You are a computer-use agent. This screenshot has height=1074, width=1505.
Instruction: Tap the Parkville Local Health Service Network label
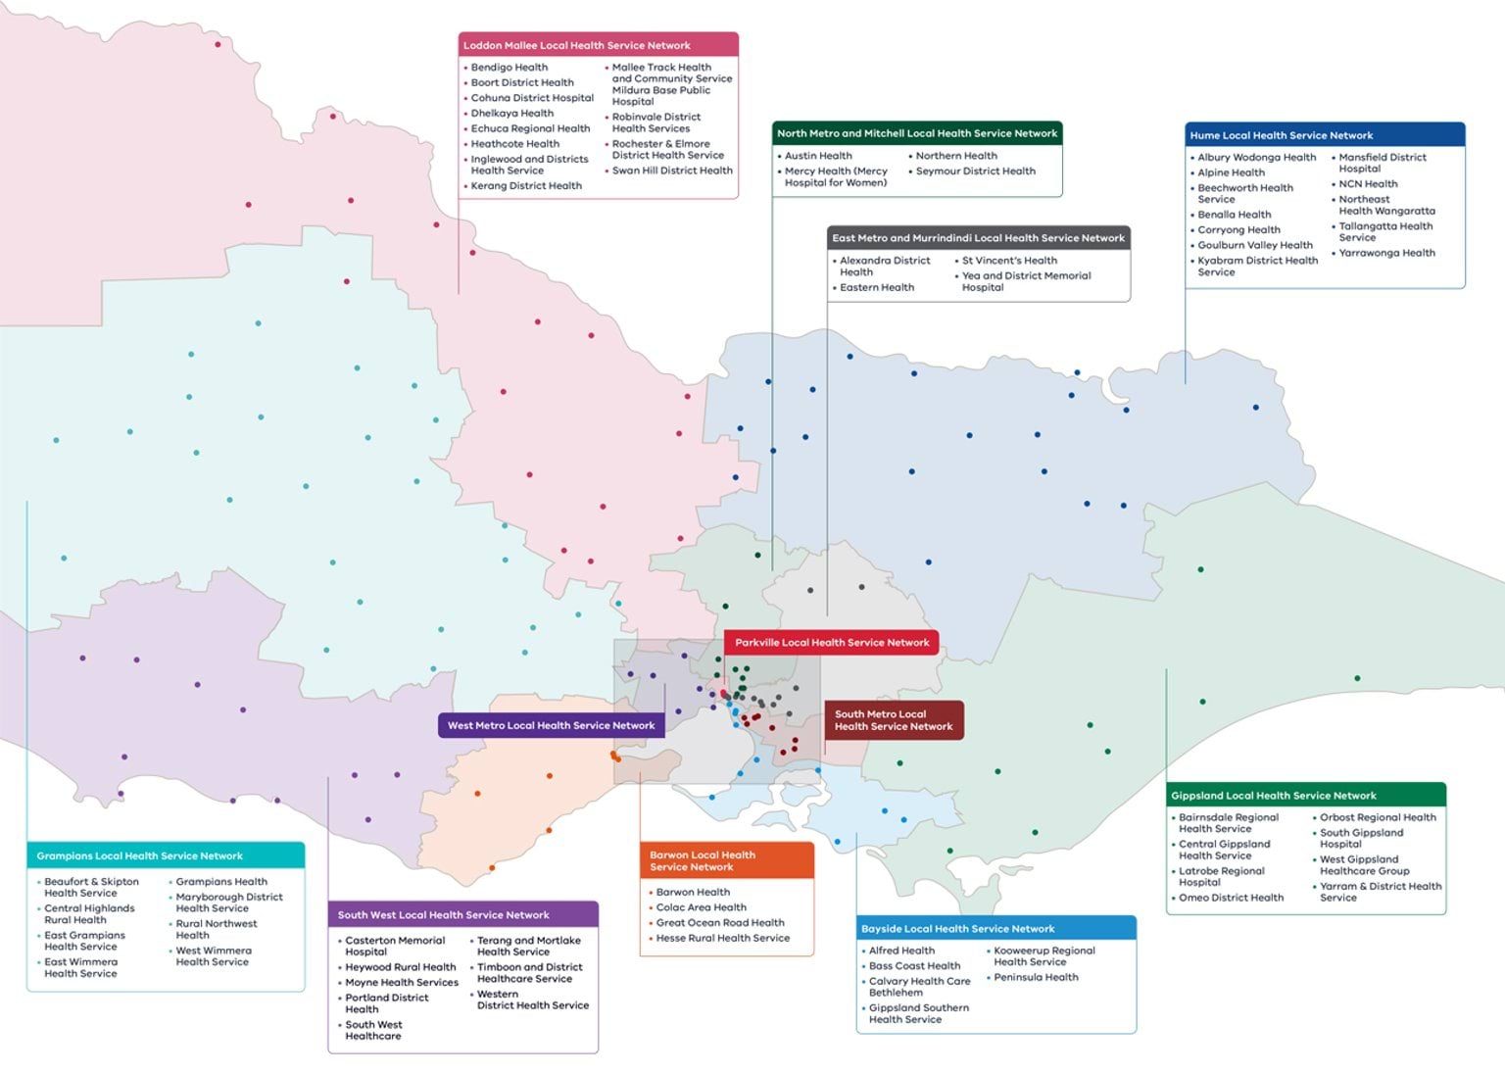(x=832, y=643)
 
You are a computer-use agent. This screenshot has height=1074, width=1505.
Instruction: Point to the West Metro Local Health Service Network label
(x=551, y=725)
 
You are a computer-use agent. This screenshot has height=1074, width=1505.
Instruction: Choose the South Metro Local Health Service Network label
(x=894, y=720)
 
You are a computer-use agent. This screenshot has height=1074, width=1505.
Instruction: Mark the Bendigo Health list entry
(x=510, y=68)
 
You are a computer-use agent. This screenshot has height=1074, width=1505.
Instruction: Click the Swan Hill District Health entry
(x=672, y=171)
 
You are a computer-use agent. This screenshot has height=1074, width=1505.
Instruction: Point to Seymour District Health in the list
(x=975, y=171)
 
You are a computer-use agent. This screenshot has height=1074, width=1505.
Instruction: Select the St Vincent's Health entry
(x=1009, y=261)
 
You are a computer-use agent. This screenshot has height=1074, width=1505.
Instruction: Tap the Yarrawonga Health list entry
(x=1386, y=253)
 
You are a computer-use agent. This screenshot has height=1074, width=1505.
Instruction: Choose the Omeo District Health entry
(x=1231, y=898)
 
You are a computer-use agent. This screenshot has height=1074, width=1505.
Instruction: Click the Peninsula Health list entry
(x=1036, y=977)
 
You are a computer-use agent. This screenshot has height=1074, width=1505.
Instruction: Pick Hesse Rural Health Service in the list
(x=722, y=938)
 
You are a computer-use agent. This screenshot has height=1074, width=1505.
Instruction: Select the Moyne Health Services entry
(x=402, y=982)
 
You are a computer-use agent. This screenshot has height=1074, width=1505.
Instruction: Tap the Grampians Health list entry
(x=221, y=882)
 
